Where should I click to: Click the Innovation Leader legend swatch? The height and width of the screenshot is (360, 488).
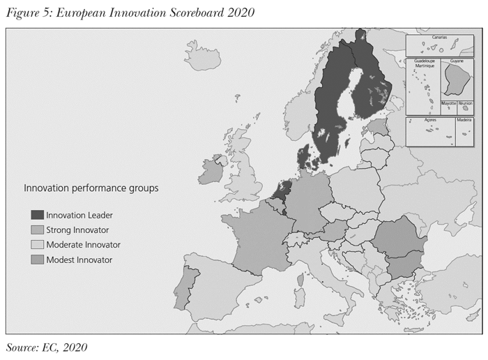pyautogui.click(x=37, y=215)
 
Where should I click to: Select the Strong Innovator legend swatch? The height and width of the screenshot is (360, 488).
pyautogui.click(x=37, y=230)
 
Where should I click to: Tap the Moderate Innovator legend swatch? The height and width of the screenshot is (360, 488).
pyautogui.click(x=37, y=245)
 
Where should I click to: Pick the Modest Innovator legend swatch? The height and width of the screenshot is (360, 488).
pyautogui.click(x=37, y=260)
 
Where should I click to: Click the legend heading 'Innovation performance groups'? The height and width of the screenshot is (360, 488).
pyautogui.click(x=91, y=188)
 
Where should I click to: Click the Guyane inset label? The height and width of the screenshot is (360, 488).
pyautogui.click(x=457, y=61)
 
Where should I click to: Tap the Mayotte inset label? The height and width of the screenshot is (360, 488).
pyautogui.click(x=449, y=103)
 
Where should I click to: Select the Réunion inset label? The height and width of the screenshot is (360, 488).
pyautogui.click(x=466, y=103)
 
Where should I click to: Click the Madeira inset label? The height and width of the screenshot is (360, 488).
pyautogui.click(x=464, y=120)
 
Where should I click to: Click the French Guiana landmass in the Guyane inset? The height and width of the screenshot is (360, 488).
pyautogui.click(x=456, y=81)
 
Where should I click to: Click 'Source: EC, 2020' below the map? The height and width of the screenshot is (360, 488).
pyautogui.click(x=47, y=347)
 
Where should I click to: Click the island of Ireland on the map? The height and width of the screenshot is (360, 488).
pyautogui.click(x=211, y=171)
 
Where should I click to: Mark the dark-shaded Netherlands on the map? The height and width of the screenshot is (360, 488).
pyautogui.click(x=282, y=189)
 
